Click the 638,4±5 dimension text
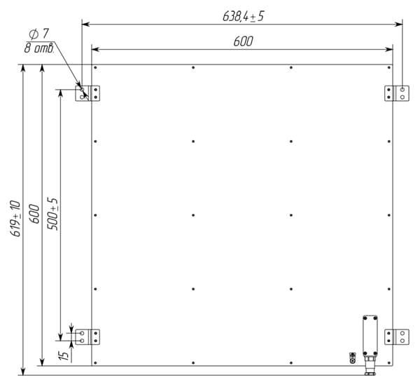[x=243, y=16]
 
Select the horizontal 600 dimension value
[x=243, y=41]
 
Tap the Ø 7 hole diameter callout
[x=39, y=34]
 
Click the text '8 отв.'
[x=39, y=48]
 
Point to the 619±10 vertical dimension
[x=15, y=218]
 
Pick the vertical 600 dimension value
[x=34, y=214]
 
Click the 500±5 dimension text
[x=52, y=214]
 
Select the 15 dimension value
[x=64, y=355]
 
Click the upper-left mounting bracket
[x=87, y=93]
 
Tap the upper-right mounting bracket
[x=397, y=93]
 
